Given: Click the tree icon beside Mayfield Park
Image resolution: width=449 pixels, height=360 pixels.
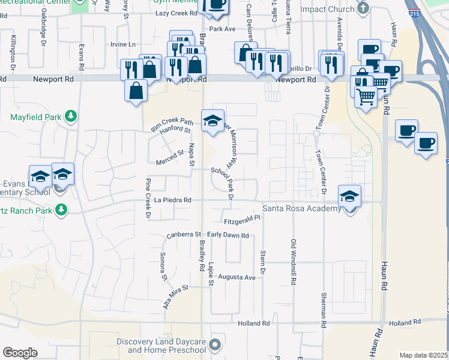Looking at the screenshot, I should [71, 115].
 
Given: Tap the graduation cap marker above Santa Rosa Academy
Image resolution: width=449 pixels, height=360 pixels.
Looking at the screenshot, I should [350, 196].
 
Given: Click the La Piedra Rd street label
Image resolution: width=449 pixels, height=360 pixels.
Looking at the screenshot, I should [172, 200].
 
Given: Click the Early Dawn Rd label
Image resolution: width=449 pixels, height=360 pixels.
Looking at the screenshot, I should [228, 235].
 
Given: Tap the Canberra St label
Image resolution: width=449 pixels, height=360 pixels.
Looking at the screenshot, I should [184, 235].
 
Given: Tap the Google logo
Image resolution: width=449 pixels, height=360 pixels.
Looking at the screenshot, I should [20, 352].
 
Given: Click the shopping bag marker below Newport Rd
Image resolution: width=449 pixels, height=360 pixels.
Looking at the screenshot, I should [136, 91].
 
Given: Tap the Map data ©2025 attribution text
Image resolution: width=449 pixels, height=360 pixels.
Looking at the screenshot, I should [424, 355].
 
